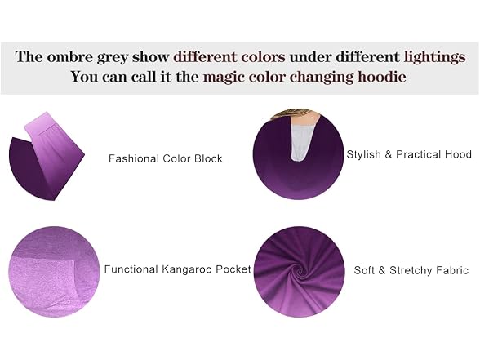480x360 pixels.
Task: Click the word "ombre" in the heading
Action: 69,57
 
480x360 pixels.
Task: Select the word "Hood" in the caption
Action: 458,154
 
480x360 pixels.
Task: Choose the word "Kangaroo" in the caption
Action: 187,269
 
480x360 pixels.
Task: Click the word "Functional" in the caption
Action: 131,269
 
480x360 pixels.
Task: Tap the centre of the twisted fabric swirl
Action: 300,271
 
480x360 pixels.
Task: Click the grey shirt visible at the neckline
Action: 300,140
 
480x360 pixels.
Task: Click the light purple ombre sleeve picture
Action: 47,156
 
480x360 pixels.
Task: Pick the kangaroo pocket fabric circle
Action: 54,272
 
